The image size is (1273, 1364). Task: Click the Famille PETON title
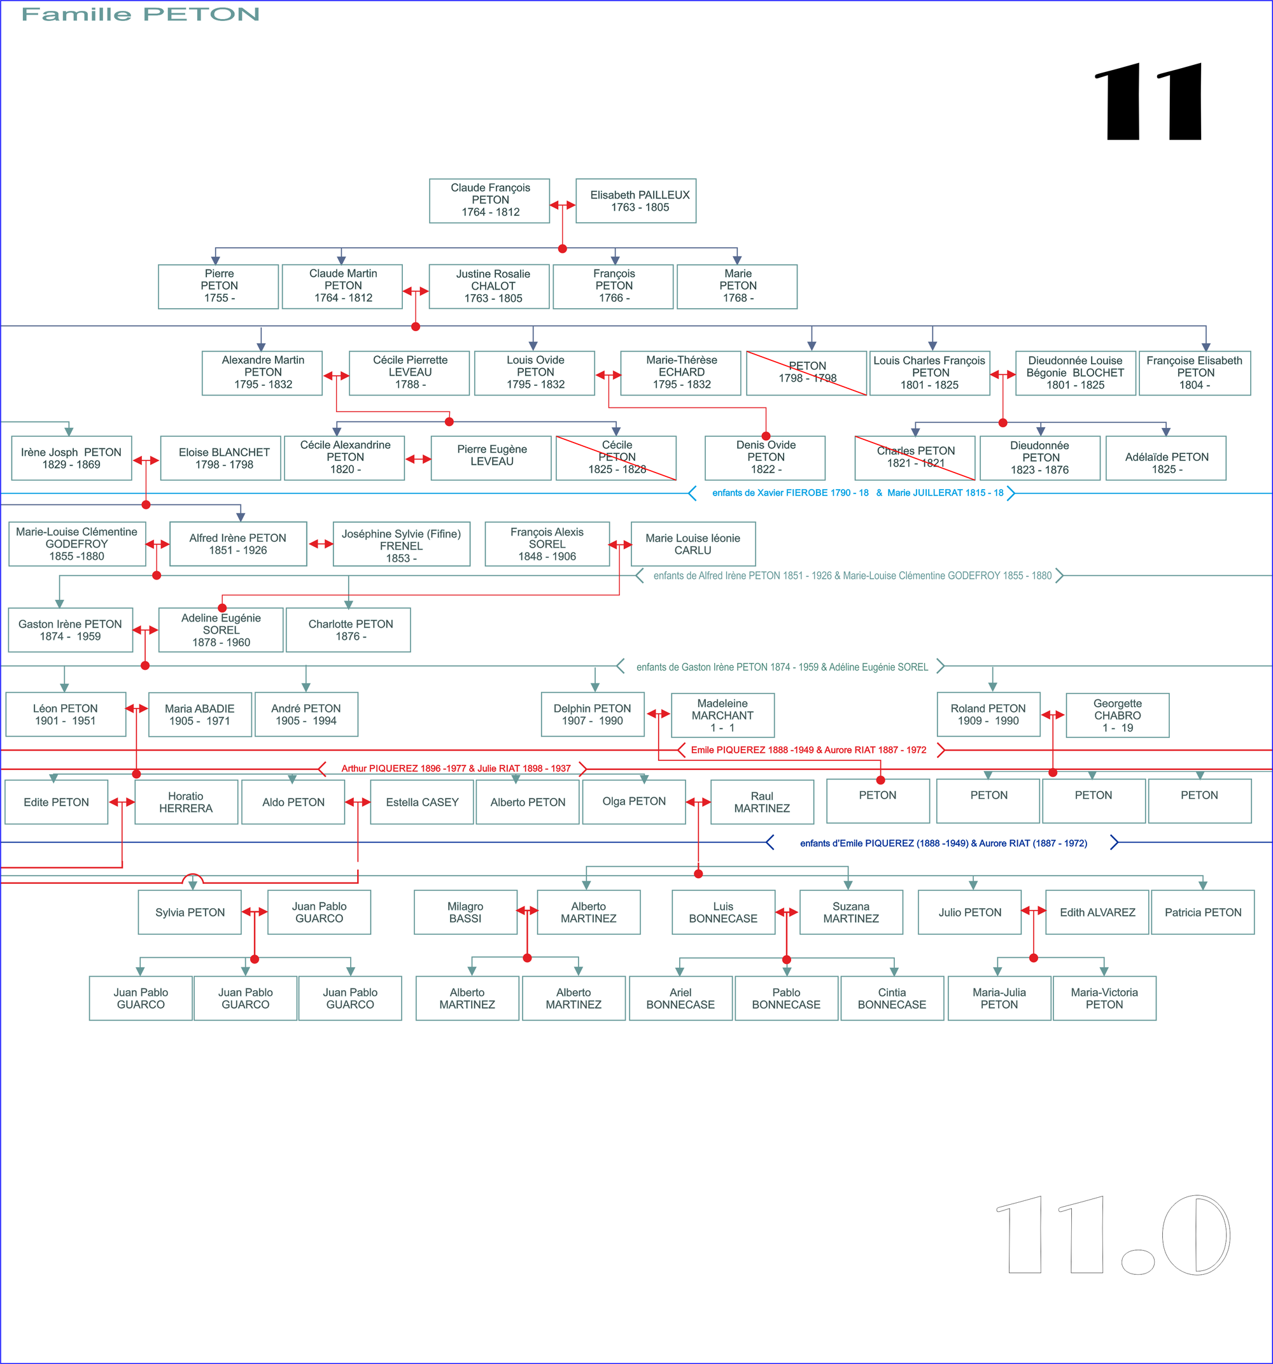141,15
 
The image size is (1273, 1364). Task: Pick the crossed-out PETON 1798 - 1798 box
806,373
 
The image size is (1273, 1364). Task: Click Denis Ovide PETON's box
765,458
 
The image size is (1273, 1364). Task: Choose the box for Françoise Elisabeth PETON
1194,373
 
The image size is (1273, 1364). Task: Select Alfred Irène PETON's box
238,543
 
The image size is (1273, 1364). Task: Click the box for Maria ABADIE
200,714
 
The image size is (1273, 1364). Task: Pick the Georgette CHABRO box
1117,715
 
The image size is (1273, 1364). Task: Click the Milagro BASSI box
465,912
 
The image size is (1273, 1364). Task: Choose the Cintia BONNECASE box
892,998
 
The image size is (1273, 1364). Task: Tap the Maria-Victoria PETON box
1104,998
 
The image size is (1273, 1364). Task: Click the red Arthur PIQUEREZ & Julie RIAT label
456,769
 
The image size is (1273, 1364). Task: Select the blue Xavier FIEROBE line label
857,493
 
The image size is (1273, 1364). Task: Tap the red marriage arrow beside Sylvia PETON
255,912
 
